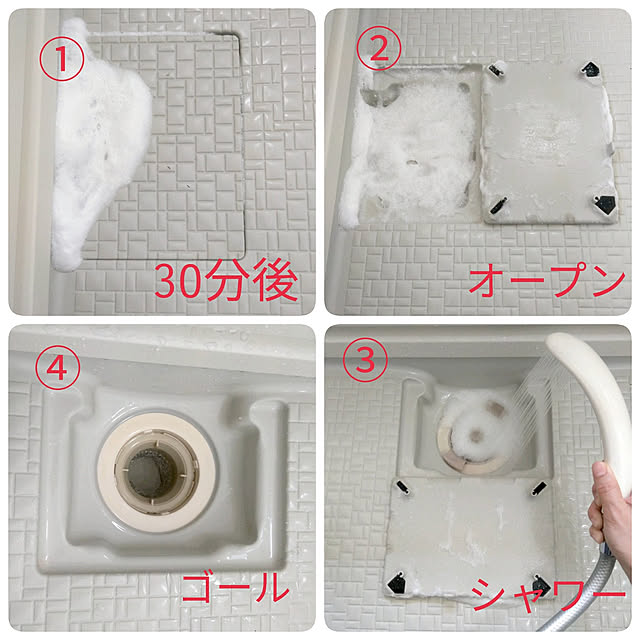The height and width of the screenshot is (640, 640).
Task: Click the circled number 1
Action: click(x=62, y=58)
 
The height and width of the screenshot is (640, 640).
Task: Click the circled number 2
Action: click(x=379, y=49)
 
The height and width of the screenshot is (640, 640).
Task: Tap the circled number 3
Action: click(x=365, y=360)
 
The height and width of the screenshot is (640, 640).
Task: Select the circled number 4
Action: click(x=57, y=367)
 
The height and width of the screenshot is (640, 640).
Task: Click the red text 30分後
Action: click(x=226, y=281)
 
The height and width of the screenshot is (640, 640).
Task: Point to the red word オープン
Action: click(x=547, y=279)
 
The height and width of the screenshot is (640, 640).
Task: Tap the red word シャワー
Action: click(x=548, y=593)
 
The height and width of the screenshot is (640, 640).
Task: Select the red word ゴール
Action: click(x=236, y=587)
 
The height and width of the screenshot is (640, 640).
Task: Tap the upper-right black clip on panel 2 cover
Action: click(x=591, y=69)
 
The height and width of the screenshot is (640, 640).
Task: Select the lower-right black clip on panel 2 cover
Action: click(x=605, y=204)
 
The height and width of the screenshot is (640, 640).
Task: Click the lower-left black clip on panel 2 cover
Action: click(x=498, y=205)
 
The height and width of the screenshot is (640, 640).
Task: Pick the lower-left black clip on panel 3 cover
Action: click(x=396, y=583)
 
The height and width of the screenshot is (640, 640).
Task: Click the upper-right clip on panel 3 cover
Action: click(x=539, y=488)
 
